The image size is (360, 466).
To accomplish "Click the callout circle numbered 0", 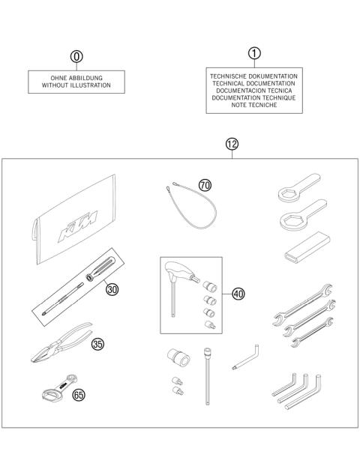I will coord(75,57).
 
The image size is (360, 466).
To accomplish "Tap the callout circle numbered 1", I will coord(255,53).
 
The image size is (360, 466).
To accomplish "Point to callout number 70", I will coord(205,184).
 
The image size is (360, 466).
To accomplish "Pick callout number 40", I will coord(238,294).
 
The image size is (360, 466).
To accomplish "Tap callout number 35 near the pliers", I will coord(98,345).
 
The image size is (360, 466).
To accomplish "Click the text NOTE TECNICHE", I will coord(255,106).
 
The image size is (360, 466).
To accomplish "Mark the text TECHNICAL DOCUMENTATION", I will coord(255,84).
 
